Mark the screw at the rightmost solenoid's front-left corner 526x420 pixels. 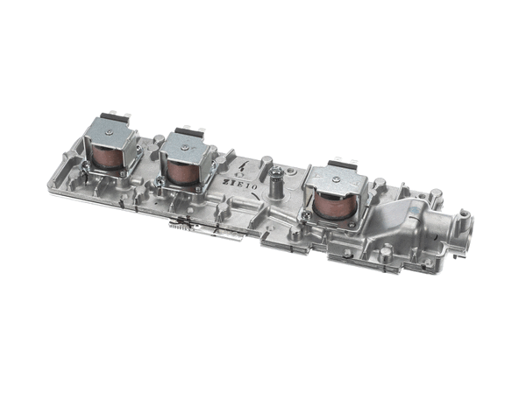pyautogui.click(x=308, y=213)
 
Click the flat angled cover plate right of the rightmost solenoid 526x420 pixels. pyautogui.click(x=407, y=210)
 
